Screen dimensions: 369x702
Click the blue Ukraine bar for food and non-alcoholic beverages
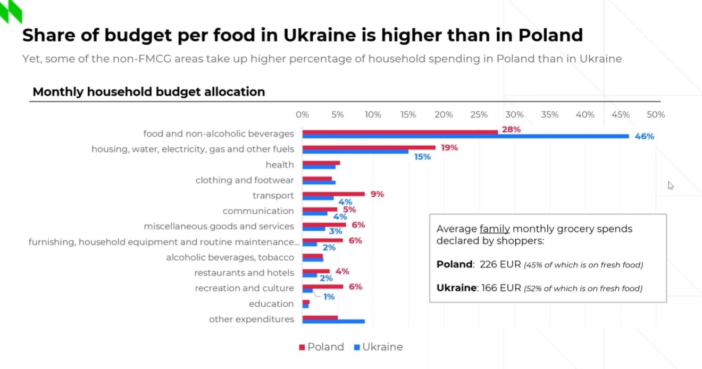(465, 137)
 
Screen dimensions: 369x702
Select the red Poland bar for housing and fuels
(369, 147)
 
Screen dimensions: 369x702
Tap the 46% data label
(644, 137)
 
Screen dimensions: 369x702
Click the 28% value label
(511, 129)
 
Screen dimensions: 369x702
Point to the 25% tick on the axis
(479, 114)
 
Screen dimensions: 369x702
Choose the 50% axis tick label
(656, 114)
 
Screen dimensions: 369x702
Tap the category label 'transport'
(273, 196)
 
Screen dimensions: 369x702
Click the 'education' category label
(271, 304)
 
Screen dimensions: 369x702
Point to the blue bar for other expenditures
(333, 321)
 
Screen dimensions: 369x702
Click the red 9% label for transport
(377, 194)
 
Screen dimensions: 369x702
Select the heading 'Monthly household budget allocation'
(149, 91)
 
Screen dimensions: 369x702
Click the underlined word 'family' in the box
(495, 229)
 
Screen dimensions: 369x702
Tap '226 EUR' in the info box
(499, 264)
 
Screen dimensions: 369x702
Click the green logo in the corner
(11, 11)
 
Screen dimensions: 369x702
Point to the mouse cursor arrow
(671, 185)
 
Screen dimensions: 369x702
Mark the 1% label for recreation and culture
(329, 297)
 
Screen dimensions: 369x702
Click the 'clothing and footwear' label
(245, 180)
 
